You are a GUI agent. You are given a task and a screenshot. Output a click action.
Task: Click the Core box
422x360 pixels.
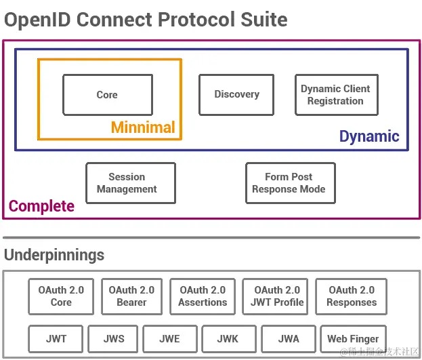[107, 95]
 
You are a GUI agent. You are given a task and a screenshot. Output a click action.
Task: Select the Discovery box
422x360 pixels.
[236, 95]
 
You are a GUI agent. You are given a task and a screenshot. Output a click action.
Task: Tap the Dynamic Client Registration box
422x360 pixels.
[335, 95]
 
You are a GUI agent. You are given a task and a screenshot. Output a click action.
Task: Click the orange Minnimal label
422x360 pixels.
[143, 127]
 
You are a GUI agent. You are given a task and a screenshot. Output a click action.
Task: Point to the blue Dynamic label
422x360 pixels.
[369, 136]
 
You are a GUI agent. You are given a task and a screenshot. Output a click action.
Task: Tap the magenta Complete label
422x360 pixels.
[41, 206]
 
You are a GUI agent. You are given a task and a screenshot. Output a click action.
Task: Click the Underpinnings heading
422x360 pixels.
[54, 255]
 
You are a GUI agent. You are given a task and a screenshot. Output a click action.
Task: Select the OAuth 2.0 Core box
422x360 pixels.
[61, 296]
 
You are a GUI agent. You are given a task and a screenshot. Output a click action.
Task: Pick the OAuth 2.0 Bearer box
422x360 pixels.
[131, 296]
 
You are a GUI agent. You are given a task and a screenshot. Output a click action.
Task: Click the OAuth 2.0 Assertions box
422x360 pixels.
[203, 296]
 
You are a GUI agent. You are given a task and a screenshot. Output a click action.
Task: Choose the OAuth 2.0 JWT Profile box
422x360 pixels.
[277, 296]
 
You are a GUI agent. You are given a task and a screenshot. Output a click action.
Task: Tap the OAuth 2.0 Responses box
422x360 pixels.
[352, 296]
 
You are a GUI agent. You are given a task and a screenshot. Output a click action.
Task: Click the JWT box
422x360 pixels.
[56, 338]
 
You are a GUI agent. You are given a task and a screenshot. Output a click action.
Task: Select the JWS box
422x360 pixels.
[114, 338]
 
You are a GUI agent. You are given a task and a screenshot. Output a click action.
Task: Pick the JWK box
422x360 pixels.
[228, 338]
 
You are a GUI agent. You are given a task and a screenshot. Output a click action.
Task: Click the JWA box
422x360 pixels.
[289, 338]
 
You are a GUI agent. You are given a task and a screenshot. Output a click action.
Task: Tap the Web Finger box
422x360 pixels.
[353, 338]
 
